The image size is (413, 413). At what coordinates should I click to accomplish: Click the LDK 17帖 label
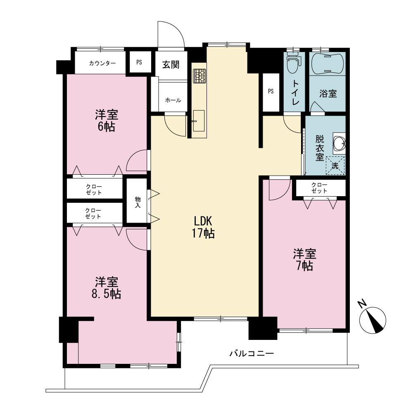[203, 227]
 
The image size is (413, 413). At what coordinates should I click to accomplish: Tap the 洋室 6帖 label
[107, 121]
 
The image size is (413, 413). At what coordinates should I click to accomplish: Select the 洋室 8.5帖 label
[107, 288]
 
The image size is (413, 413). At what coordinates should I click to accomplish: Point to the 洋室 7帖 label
[305, 260]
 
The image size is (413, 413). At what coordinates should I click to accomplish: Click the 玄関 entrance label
[171, 64]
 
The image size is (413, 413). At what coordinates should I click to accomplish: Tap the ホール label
[173, 100]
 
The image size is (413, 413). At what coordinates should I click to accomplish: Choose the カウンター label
[102, 63]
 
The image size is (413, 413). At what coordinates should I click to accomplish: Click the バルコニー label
[252, 353]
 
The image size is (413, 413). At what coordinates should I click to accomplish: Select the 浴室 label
[328, 93]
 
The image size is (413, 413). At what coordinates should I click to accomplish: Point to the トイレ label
[296, 93]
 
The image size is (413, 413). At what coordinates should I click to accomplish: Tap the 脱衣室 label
[320, 148]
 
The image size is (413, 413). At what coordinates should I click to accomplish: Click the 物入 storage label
[138, 202]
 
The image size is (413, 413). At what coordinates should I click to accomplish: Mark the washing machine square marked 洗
[335, 166]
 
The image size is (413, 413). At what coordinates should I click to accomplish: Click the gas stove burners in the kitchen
[199, 76]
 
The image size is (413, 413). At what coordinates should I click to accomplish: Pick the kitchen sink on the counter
[199, 121]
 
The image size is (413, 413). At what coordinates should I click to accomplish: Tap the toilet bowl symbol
[293, 63]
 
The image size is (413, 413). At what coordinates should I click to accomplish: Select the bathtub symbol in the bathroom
[328, 64]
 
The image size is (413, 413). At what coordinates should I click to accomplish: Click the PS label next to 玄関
[139, 62]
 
